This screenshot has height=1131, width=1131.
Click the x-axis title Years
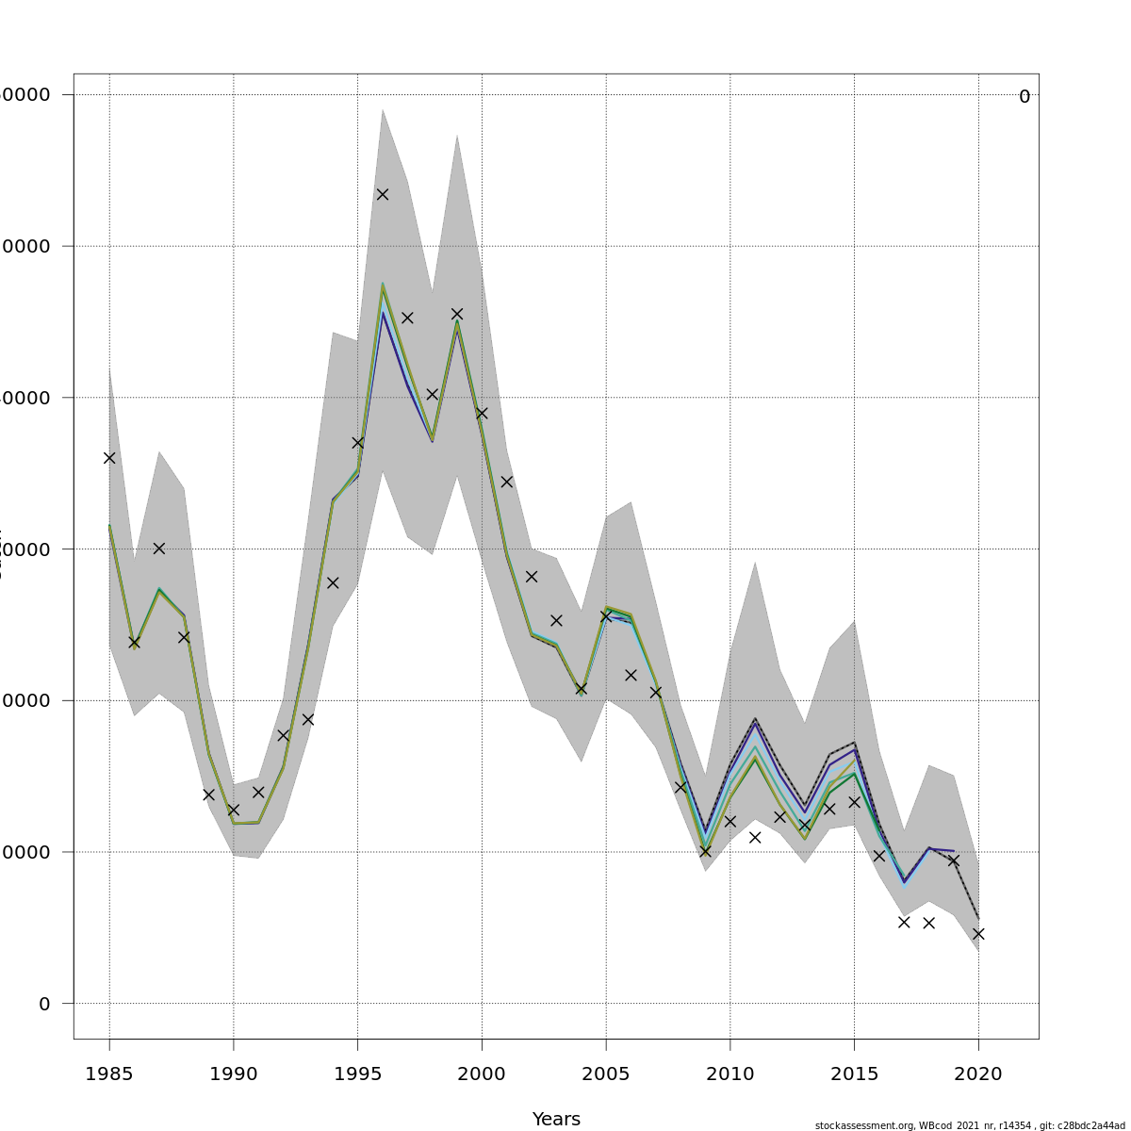point(556,1120)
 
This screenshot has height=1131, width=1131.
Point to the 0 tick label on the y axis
point(44,1004)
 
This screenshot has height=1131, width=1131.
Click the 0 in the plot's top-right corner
point(1024,97)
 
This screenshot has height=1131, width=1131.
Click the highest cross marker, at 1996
point(383,194)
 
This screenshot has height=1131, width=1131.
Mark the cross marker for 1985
point(109,458)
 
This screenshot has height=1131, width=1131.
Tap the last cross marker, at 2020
point(978,934)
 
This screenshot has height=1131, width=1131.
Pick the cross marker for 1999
point(457,314)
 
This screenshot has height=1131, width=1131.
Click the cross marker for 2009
point(705,851)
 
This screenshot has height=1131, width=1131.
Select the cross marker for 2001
point(506,482)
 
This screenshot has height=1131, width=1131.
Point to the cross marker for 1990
point(234,810)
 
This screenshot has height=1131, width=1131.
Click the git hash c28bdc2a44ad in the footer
point(1093,1125)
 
